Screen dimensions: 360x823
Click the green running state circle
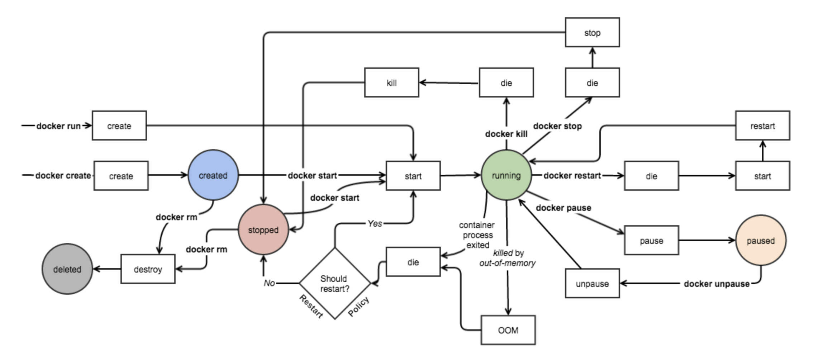coord(506,175)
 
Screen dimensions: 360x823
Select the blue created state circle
coord(213,175)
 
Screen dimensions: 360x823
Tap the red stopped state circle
coord(263,230)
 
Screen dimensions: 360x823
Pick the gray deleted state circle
coord(67,269)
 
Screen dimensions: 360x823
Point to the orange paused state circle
coord(761,241)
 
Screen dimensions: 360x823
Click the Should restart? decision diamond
coord(334,283)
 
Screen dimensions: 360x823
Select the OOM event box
coord(508,330)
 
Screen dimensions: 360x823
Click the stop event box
coord(592,33)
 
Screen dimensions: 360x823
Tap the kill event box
coord(391,83)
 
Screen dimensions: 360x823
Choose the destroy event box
coord(148,269)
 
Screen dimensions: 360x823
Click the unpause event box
coord(592,284)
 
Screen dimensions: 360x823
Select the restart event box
coord(762,126)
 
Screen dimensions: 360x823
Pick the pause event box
coord(651,241)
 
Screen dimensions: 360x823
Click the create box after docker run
coord(119,126)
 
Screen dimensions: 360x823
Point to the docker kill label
coord(506,134)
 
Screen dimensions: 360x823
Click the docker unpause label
coord(717,284)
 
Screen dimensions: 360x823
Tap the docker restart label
coord(572,176)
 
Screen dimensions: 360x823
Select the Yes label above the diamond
coord(375,224)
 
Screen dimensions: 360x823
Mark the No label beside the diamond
coord(269,283)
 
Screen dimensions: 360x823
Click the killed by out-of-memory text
coord(508,258)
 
